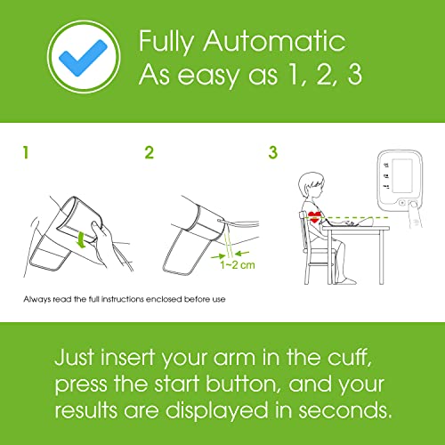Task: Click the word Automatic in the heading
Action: point(274,41)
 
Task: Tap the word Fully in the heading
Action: point(166,43)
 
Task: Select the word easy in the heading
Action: point(208,76)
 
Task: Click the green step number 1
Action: point(26,152)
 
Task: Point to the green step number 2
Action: point(150,152)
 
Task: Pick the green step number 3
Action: point(273,152)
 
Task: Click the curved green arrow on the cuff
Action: point(81,239)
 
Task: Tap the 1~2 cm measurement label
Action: point(238,264)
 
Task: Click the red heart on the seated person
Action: point(314,217)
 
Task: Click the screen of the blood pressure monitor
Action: point(402,175)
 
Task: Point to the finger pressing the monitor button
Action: point(416,214)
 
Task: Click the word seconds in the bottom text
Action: point(345,410)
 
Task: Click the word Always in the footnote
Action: point(37,299)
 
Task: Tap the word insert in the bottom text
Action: point(127,357)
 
